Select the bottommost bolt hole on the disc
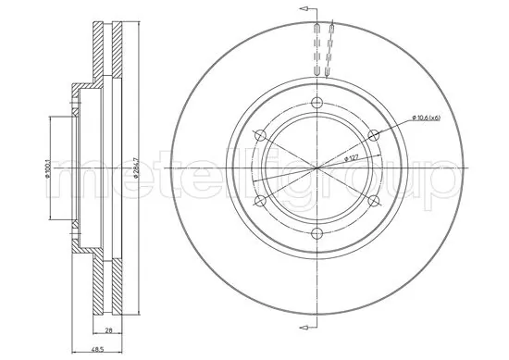tap(317, 233)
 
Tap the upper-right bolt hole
tap(374, 135)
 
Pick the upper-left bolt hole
tap(260, 135)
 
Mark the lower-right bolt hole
tap(374, 201)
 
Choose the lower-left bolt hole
tap(260, 201)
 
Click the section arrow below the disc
tap(302, 328)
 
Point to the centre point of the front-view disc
tap(317, 168)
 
